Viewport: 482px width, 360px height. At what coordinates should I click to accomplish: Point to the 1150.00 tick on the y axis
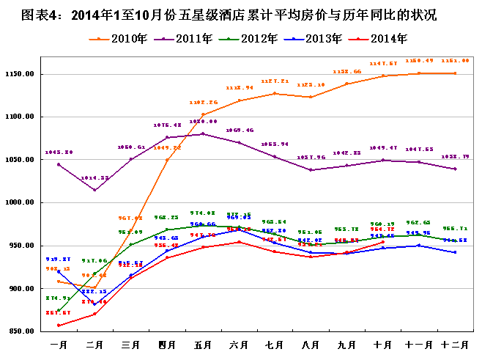(x=22, y=74)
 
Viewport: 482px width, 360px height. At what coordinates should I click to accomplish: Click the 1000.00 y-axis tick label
(x=22, y=203)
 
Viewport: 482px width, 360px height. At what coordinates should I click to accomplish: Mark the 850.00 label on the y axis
(x=22, y=332)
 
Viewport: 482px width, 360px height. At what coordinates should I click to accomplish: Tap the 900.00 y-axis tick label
(x=22, y=289)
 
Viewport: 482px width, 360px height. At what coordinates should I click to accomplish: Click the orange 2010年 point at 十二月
(x=455, y=73)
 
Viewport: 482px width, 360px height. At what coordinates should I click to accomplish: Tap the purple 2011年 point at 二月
(x=94, y=191)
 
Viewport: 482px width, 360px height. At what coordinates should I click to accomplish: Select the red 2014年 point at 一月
(x=59, y=326)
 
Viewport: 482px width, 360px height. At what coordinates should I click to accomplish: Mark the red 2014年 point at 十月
(x=383, y=242)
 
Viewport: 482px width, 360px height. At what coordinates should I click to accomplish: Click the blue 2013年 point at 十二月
(x=455, y=252)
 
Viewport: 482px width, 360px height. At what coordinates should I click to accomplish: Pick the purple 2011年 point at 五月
(x=203, y=133)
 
